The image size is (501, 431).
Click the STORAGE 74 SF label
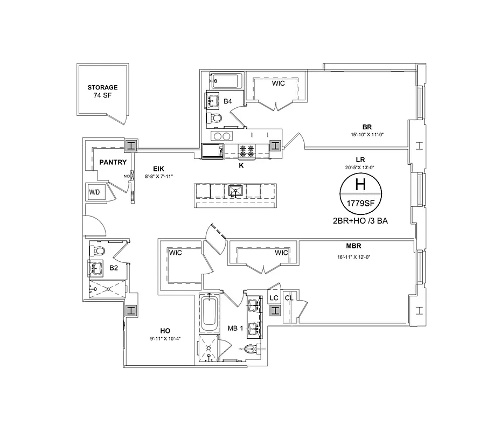tap(102, 92)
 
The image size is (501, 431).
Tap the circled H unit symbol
tap(360, 185)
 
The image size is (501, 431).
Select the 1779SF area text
tap(360, 204)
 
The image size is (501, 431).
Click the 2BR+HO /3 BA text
tap(361, 221)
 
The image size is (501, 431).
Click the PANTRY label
tap(113, 162)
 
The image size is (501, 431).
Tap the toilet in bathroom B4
tap(215, 118)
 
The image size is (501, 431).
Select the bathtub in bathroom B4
tap(225, 82)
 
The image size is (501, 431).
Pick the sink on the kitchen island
tap(235, 191)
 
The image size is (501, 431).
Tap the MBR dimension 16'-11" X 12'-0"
tap(353, 257)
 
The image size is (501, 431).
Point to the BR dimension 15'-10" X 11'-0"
tap(367, 135)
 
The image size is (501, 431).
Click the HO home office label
tap(165, 331)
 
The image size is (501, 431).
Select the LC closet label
tap(274, 298)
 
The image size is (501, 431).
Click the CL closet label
tap(289, 298)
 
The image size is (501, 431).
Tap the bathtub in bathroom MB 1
tap(208, 314)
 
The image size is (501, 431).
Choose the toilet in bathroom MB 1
tap(249, 349)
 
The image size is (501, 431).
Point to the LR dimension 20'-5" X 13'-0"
tap(361, 167)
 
